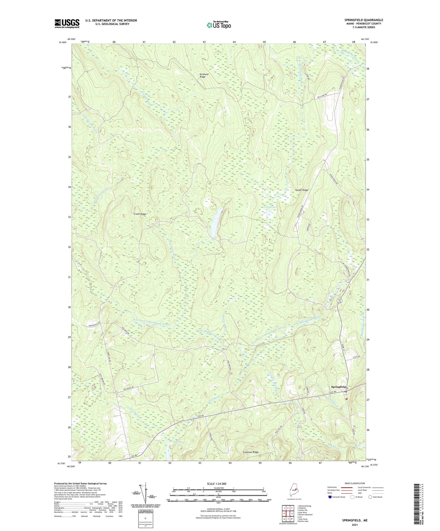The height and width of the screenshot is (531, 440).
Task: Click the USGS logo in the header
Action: (x=67, y=23)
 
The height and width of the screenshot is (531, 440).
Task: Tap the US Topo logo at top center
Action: (x=218, y=25)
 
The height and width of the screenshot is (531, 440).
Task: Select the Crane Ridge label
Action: (x=140, y=214)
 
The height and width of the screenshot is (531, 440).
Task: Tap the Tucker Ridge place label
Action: (x=301, y=190)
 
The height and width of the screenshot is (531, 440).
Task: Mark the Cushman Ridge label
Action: (x=251, y=452)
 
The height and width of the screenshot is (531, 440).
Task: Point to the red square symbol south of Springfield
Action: (x=347, y=399)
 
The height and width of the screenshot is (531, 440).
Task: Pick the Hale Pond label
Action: (x=179, y=442)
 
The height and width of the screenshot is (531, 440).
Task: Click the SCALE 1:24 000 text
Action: (x=216, y=484)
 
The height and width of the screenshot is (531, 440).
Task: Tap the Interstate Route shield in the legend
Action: (x=330, y=497)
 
